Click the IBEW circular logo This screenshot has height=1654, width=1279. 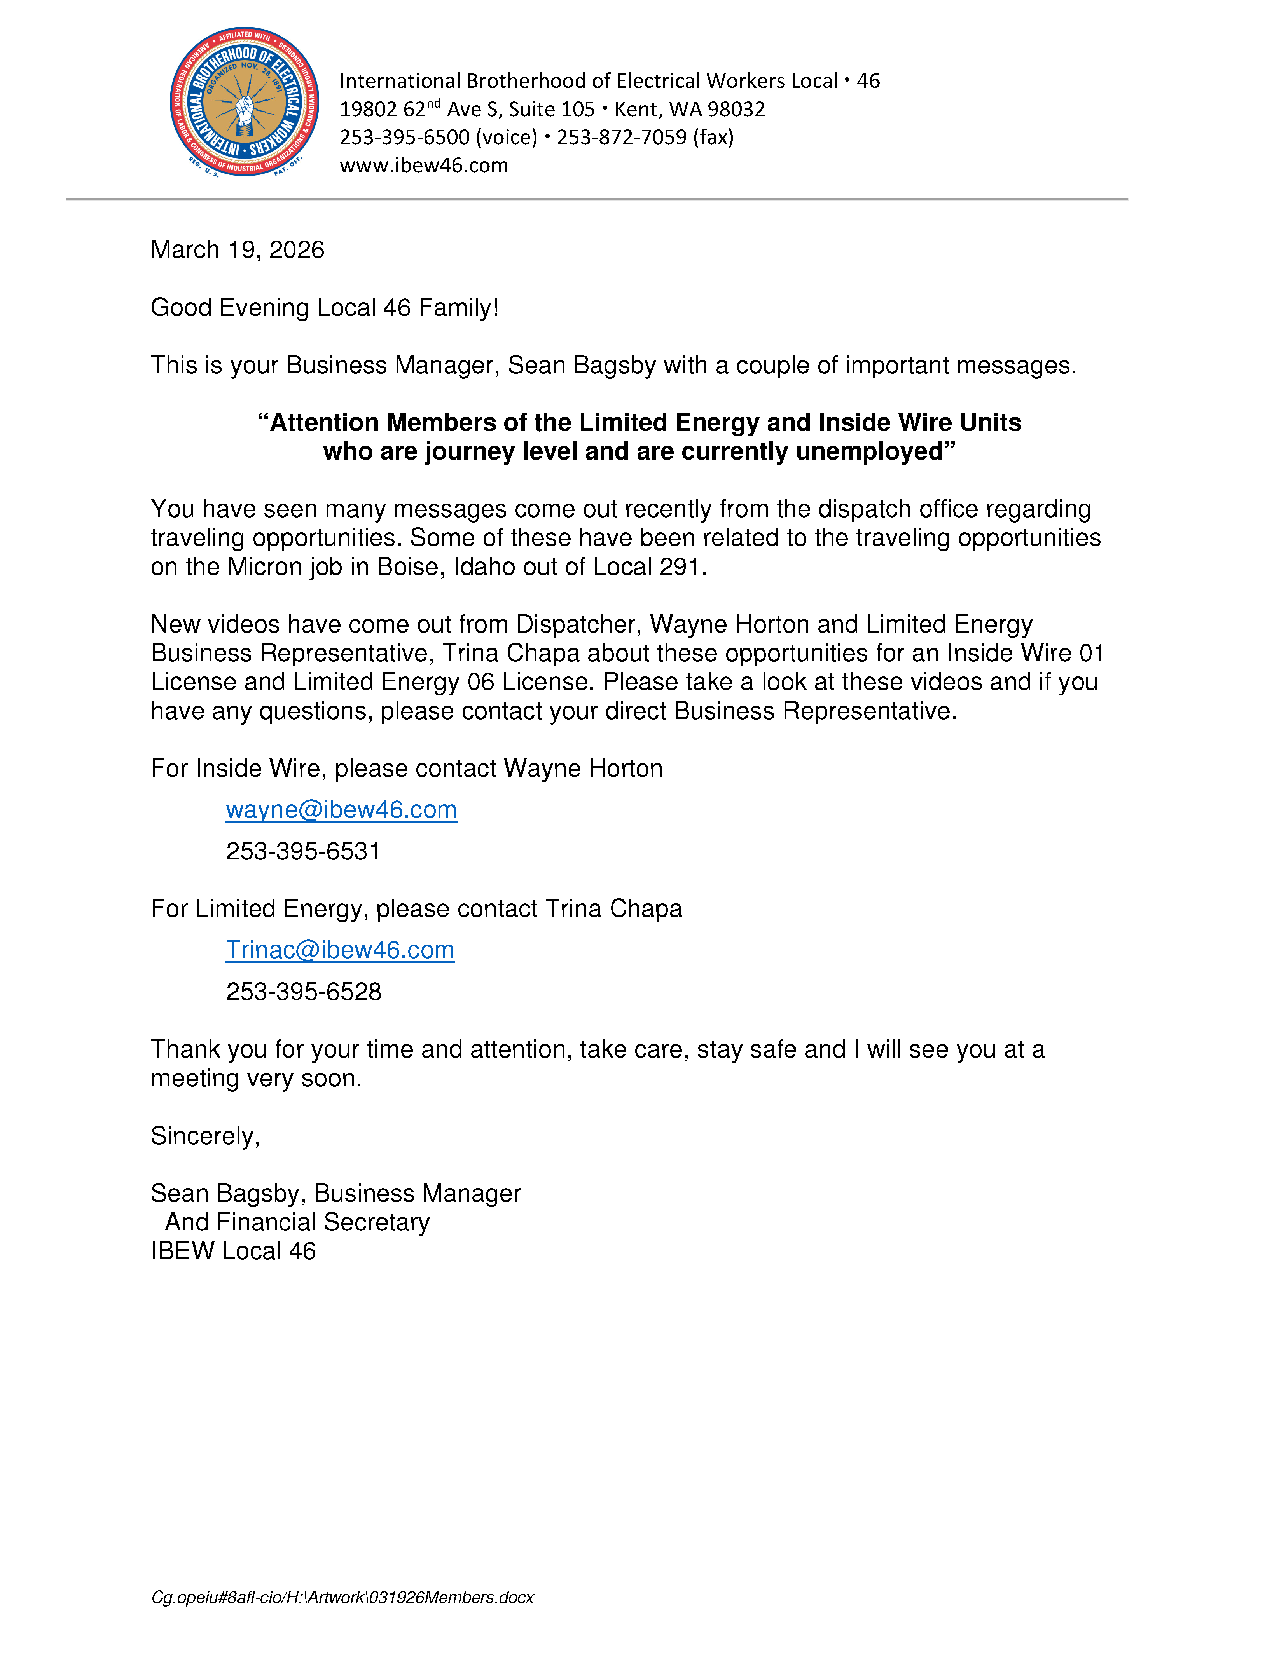244,102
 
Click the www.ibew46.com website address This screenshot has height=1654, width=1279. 424,165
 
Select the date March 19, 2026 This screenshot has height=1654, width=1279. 237,250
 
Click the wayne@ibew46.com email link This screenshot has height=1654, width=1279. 341,810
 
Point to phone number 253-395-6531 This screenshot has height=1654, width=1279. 302,851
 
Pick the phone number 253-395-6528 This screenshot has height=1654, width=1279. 303,991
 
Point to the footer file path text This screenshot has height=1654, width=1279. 342,1597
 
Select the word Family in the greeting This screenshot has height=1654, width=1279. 457,307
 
